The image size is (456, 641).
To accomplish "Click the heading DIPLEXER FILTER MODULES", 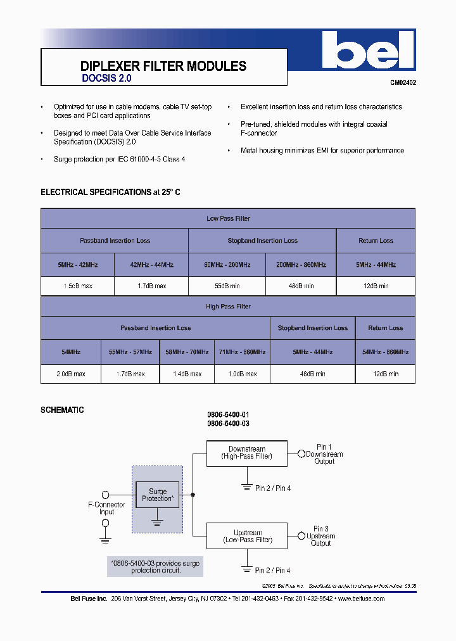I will pyautogui.click(x=163, y=66).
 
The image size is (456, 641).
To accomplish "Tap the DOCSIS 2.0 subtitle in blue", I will pyautogui.click(x=106, y=79).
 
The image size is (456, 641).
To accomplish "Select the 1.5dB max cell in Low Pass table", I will pyautogui.click(x=78, y=286).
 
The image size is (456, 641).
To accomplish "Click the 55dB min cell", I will pyautogui.click(x=226, y=286).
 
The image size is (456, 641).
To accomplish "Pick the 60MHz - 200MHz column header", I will pyautogui.click(x=226, y=265).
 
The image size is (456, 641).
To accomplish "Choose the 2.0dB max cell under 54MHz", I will pyautogui.click(x=71, y=374).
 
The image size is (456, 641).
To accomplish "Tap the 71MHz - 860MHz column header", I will pyautogui.click(x=242, y=352).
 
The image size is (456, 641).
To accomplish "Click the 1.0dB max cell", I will pyautogui.click(x=242, y=374).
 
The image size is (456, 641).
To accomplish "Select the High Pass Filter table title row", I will pyautogui.click(x=228, y=307).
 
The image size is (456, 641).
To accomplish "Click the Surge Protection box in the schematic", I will pyautogui.click(x=157, y=495).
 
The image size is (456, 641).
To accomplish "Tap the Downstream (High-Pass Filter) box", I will pyautogui.click(x=247, y=453).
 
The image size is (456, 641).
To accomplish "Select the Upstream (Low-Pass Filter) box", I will pyautogui.click(x=247, y=536).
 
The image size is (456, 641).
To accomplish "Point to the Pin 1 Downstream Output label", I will pyautogui.click(x=324, y=454).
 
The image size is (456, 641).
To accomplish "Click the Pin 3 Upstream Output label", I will pyautogui.click(x=320, y=536).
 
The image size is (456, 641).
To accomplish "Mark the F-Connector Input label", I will pyautogui.click(x=106, y=508).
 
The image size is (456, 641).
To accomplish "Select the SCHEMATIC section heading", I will pyautogui.click(x=62, y=410).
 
